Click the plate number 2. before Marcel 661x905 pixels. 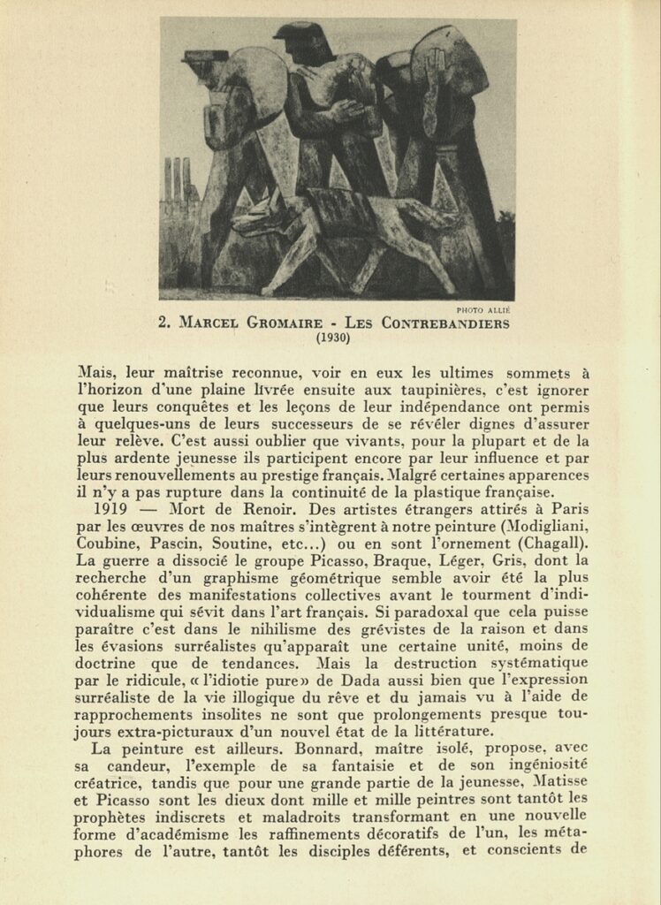pyautogui.click(x=164, y=323)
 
